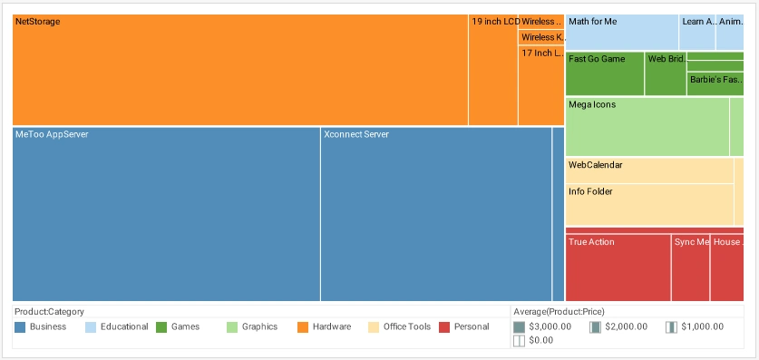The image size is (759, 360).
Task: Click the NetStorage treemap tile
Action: [239, 70]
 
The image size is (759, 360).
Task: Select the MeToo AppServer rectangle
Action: [166, 214]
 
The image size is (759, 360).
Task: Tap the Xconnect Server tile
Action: [435, 214]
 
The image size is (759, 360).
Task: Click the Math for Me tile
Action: [621, 33]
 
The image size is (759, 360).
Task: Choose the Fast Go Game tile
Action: [604, 73]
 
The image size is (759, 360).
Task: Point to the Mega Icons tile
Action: [647, 126]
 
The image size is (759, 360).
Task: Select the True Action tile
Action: [618, 268]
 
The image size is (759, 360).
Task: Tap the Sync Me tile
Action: [690, 268]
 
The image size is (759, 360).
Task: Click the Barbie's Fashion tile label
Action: [716, 80]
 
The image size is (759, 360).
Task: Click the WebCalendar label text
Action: [595, 165]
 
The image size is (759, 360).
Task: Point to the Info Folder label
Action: [590, 192]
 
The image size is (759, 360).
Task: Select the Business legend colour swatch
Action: [20, 326]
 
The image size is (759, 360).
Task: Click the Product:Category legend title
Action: [49, 310]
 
